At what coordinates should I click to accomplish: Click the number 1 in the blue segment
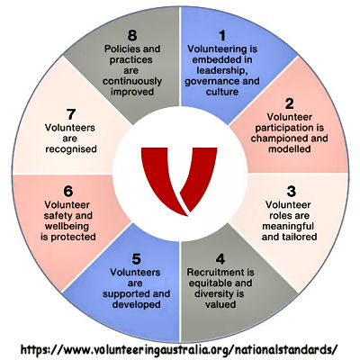(222, 36)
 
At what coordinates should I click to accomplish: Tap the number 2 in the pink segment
(289, 103)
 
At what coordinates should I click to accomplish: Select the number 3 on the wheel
(292, 192)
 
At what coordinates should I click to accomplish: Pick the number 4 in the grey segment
(220, 259)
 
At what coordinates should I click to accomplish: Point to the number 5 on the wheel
(136, 259)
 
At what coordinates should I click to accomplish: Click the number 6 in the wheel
(68, 192)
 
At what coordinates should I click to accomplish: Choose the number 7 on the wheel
(71, 114)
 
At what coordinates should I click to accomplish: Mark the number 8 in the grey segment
(132, 36)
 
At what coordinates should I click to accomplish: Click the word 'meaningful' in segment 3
(288, 226)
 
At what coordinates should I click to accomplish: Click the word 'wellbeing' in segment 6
(67, 226)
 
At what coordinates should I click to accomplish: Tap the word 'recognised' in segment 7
(71, 149)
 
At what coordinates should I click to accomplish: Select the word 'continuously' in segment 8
(132, 81)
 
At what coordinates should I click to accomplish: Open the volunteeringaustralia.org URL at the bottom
(179, 349)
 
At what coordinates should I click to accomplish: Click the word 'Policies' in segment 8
(122, 49)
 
